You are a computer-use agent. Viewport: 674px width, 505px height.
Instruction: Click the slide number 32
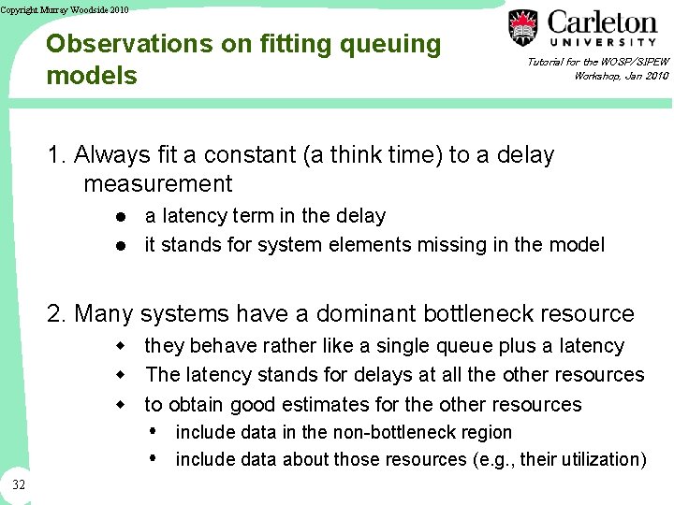19,483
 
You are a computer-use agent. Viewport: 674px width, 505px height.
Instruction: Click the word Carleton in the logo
602,22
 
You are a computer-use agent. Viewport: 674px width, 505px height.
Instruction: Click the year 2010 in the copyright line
117,9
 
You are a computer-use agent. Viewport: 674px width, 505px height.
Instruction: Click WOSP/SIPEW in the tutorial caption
636,62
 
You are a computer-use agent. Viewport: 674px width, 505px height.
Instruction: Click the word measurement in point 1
157,183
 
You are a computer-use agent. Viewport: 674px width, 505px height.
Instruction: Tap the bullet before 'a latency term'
122,216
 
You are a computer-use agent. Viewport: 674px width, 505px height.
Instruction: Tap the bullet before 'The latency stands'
122,375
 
